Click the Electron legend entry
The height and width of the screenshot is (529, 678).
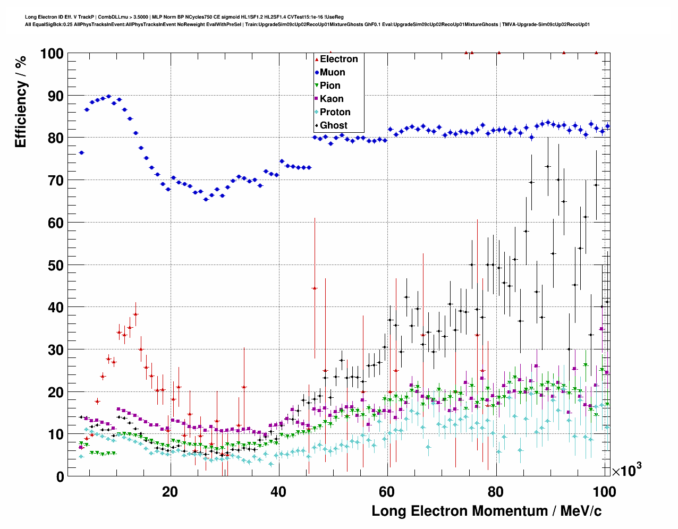(x=338, y=59)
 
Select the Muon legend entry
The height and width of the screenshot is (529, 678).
(x=332, y=72)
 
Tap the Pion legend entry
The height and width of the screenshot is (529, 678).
(x=330, y=86)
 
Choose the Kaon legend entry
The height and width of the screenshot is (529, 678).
(x=332, y=99)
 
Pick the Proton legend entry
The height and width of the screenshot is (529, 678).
(x=335, y=112)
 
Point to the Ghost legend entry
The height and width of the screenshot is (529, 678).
(x=333, y=125)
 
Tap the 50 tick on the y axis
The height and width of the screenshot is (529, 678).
(x=56, y=265)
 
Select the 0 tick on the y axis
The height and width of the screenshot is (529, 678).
(x=60, y=476)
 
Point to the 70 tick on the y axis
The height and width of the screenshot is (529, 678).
(x=56, y=181)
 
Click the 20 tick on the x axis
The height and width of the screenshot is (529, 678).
(x=170, y=491)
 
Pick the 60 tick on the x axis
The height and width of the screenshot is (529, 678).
(x=387, y=491)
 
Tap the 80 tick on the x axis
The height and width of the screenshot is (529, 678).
(x=495, y=491)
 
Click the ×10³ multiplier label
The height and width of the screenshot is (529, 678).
(x=627, y=470)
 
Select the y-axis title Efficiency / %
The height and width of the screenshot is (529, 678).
(x=20, y=101)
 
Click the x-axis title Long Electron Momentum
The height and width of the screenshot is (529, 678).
(x=486, y=511)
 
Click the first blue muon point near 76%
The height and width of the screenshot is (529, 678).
(x=81, y=152)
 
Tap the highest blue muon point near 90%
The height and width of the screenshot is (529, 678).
(x=108, y=97)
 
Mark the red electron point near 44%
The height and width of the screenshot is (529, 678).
(x=315, y=288)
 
